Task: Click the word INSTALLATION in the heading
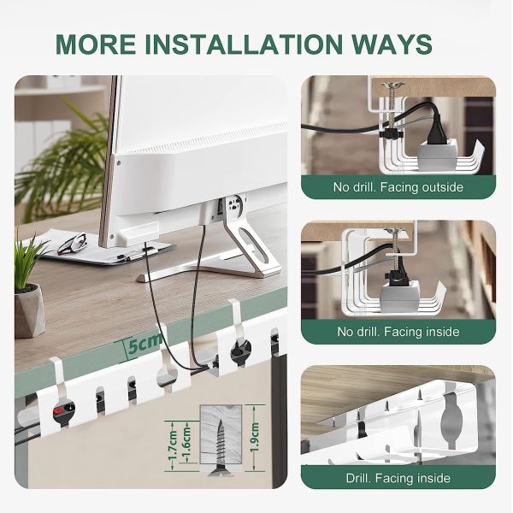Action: click(244, 44)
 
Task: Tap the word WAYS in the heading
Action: click(392, 44)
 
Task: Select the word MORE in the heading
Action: click(96, 44)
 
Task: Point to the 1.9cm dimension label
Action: click(254, 438)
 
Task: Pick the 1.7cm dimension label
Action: click(173, 445)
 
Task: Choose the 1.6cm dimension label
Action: click(186, 442)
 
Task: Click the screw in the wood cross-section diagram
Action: click(220, 447)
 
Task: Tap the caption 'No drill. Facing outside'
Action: click(398, 187)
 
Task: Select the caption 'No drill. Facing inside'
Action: click(398, 332)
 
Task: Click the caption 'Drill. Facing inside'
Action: click(398, 478)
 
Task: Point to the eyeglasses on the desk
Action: click(73, 243)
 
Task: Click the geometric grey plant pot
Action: click(29, 310)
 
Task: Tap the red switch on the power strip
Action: click(58, 410)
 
